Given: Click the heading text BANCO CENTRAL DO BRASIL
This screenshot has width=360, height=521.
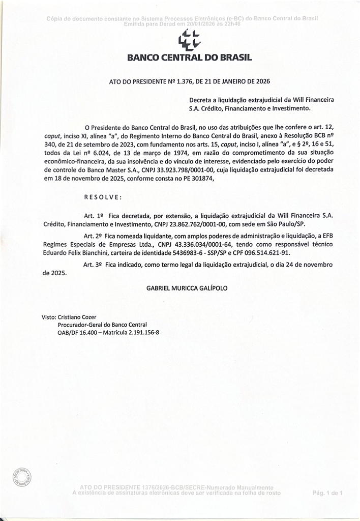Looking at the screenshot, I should [x=189, y=58].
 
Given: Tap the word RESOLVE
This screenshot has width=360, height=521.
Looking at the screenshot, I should [x=103, y=197].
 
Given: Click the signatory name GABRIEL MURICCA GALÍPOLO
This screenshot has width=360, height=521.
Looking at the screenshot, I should [x=187, y=288].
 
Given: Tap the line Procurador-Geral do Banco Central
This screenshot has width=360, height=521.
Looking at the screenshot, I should [x=102, y=325].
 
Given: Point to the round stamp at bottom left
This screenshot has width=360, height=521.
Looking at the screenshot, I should [x=22, y=478].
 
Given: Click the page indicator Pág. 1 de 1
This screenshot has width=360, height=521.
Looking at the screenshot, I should [x=328, y=493].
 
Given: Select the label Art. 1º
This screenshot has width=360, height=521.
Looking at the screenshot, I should [x=93, y=216].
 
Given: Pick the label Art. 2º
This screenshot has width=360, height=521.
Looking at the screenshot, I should [x=93, y=236].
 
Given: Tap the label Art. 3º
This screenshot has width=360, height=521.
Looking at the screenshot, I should [x=93, y=265].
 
